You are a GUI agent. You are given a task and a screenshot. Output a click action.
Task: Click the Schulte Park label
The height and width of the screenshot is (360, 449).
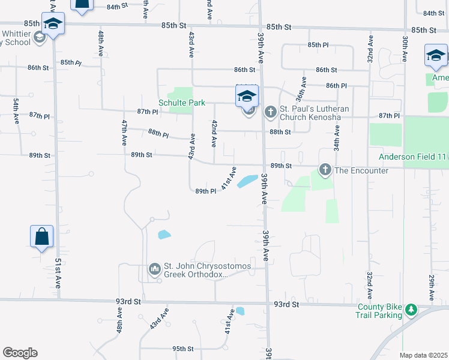(181, 103)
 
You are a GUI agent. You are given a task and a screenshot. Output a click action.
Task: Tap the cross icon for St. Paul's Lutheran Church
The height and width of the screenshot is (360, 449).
(270, 111)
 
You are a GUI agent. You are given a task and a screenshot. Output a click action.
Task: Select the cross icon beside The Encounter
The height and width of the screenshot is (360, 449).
(325, 170)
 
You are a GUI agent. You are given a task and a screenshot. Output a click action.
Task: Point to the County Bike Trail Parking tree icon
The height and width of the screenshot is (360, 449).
(411, 310)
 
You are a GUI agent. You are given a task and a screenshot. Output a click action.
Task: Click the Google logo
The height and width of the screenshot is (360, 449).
(20, 353)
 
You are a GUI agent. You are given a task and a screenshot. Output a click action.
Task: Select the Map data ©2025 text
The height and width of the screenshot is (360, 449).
(423, 355)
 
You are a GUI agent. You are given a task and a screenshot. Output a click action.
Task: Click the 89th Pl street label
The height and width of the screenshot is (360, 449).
(205, 191)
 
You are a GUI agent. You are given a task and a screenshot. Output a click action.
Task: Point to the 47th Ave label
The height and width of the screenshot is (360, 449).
(124, 133)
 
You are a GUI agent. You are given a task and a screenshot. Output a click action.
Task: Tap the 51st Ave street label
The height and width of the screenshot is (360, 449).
(58, 273)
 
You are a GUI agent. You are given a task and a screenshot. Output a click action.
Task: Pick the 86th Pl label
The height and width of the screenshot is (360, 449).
(336, 86)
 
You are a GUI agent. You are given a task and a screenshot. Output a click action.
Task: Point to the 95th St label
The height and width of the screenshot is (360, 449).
(183, 349)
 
